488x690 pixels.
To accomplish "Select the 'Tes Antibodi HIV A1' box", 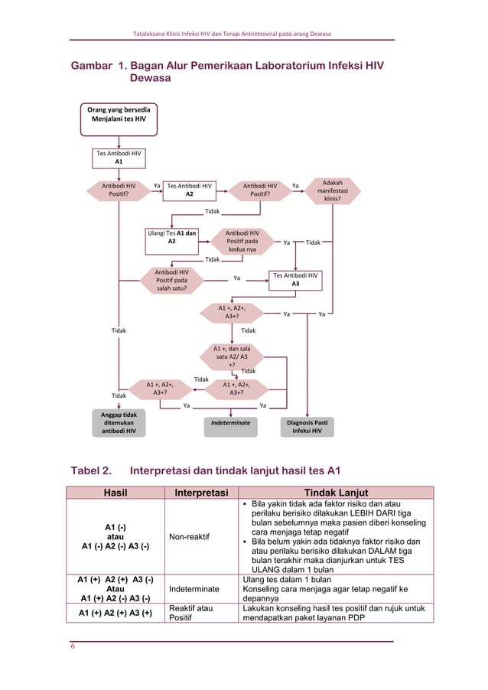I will [118, 157].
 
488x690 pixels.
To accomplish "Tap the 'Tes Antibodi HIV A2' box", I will [190, 189].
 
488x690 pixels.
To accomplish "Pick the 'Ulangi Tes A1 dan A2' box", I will [171, 236].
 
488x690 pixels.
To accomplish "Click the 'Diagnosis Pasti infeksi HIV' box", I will [307, 426].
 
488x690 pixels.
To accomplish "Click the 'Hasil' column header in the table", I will [115, 493].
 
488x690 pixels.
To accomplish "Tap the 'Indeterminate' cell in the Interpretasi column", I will [195, 589].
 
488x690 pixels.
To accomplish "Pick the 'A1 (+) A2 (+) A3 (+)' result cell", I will [115, 613].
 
